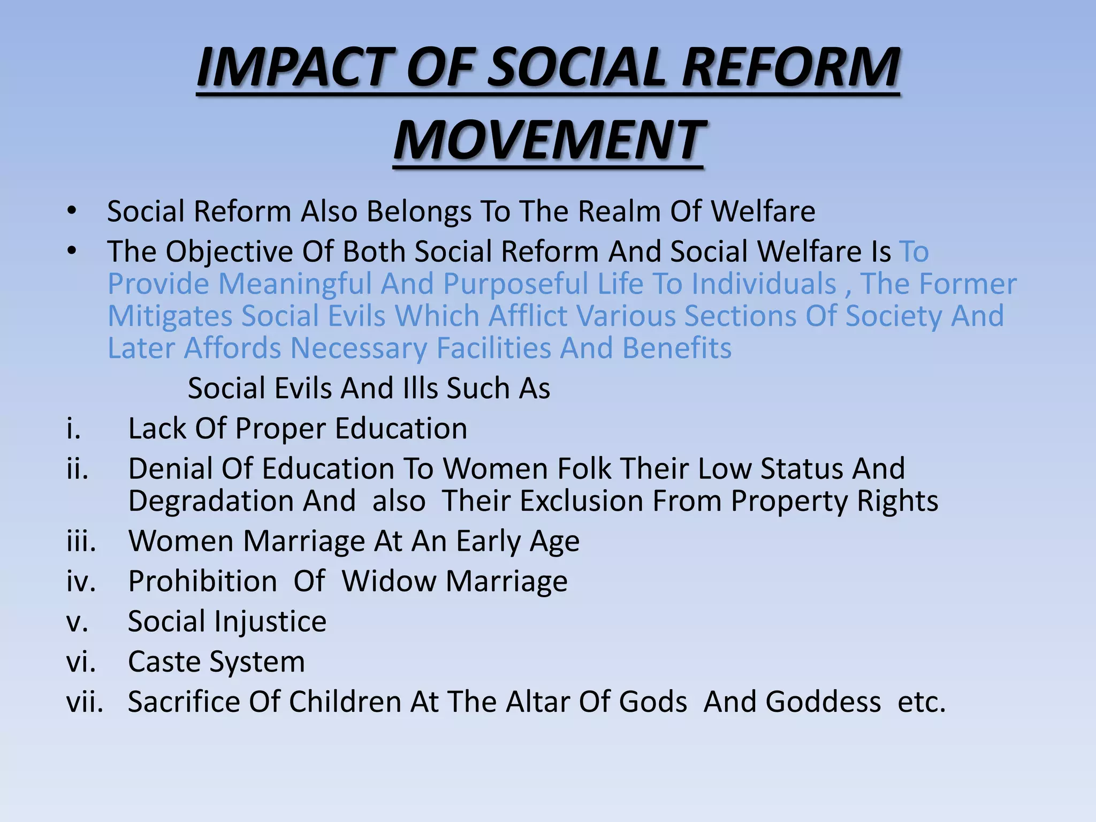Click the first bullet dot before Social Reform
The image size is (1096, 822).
(72, 210)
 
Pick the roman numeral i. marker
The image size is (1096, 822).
(74, 429)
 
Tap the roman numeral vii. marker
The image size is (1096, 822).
(85, 702)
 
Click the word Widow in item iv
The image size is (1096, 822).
(389, 581)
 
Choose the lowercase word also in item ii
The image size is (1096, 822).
(399, 501)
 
